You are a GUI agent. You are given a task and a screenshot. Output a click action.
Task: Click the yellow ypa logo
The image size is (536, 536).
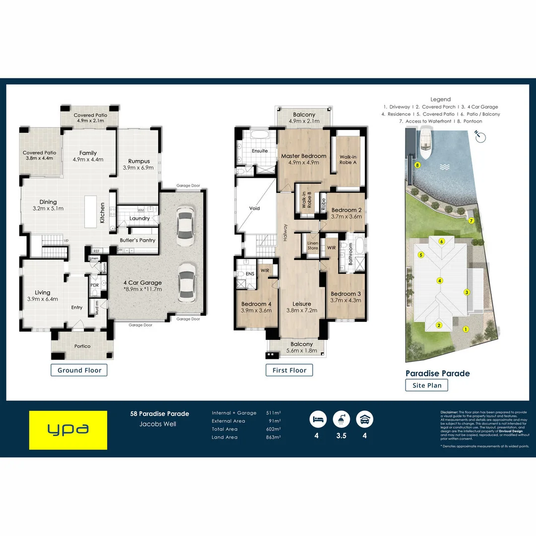[x=68, y=430]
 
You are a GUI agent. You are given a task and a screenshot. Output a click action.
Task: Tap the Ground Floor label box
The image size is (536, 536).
[x=79, y=370]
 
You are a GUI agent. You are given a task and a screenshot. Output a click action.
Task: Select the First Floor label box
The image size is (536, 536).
[x=289, y=370]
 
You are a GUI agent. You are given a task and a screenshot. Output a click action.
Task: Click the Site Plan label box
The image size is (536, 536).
[x=426, y=385]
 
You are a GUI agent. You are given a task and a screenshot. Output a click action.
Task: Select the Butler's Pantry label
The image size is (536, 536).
[x=137, y=240]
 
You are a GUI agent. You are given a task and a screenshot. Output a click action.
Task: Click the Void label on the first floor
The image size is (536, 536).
[x=255, y=208]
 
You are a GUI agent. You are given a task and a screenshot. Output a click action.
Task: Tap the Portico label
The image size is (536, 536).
[x=82, y=346]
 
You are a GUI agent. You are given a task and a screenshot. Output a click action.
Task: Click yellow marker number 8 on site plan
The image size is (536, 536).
[x=418, y=165]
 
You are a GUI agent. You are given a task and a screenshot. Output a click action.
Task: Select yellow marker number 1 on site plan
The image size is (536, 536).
[x=466, y=329]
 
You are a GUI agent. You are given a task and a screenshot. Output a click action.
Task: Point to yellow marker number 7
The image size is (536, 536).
[x=471, y=220]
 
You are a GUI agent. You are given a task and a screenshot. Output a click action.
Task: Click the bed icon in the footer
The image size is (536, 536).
[x=318, y=420]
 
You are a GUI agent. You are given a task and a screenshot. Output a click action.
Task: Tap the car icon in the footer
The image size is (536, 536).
[x=365, y=420]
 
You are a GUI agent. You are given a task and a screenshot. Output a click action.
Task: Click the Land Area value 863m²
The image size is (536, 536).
[x=273, y=437]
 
